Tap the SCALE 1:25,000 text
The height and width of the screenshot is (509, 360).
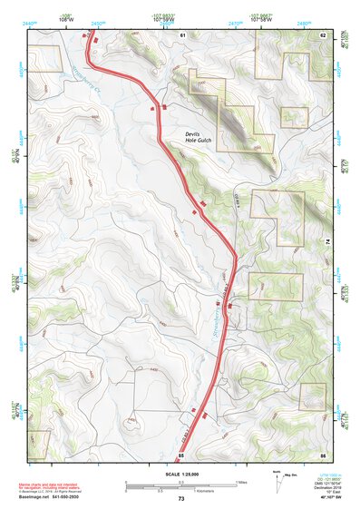[x=180, y=475]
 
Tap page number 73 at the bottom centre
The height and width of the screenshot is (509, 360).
[x=180, y=499]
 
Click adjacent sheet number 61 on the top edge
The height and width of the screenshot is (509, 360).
[x=182, y=34]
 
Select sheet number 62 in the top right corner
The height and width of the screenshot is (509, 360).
[x=322, y=34]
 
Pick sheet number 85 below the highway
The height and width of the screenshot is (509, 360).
[x=182, y=455]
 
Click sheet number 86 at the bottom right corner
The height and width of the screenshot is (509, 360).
[x=322, y=455]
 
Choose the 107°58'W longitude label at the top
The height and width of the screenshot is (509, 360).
[x=260, y=18]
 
